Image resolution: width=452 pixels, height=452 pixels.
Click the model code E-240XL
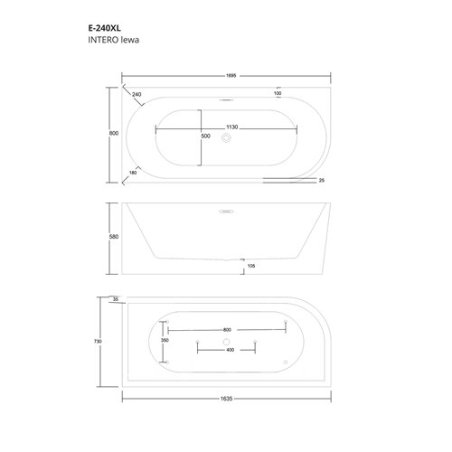[x=104, y=28]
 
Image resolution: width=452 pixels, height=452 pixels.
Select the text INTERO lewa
[x=113, y=40]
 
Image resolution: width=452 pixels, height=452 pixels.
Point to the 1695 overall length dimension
[x=231, y=76]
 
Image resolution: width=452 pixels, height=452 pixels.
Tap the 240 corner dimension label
[x=137, y=94]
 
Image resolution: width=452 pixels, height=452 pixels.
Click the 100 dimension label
[x=278, y=93]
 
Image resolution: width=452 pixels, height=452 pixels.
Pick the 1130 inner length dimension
[x=232, y=127]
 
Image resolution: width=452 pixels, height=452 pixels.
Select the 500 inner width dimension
[x=205, y=137]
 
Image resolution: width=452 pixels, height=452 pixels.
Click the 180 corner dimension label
[x=133, y=173]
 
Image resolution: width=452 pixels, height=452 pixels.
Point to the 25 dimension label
[x=322, y=180]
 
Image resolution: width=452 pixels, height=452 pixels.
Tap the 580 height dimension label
[x=114, y=237]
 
